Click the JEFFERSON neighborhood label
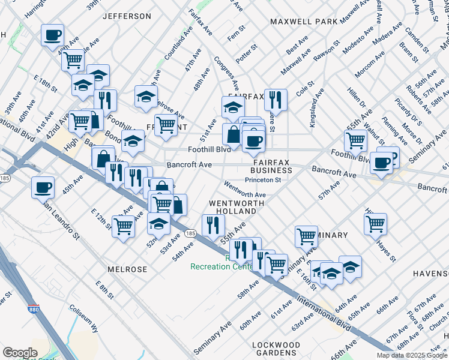pyautogui.click(x=127, y=16)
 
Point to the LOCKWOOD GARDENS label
pyautogui.click(x=276, y=349)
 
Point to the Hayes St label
pyautogui.click(x=386, y=250)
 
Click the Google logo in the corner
pyautogui.click(x=20, y=352)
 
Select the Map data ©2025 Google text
pyautogui.click(x=412, y=355)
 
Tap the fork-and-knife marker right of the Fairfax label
pyautogui.click(x=276, y=98)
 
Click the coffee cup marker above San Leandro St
pyautogui.click(x=43, y=186)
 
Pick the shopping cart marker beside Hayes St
pyautogui.click(x=375, y=223)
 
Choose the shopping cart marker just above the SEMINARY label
pyautogui.click(x=306, y=235)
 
